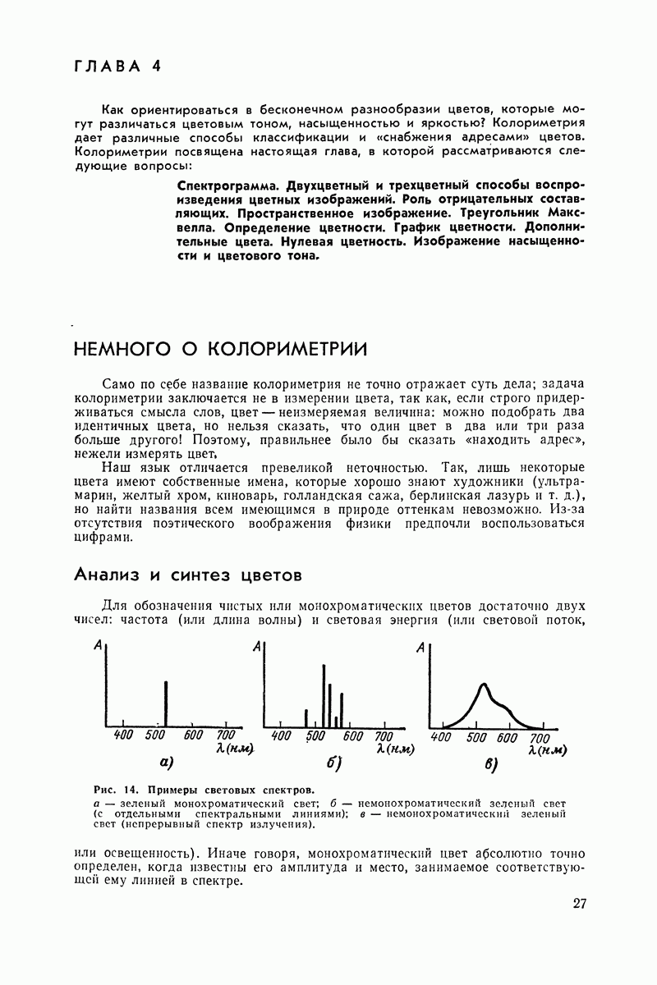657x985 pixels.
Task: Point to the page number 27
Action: point(580,905)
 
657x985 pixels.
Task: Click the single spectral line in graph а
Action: point(167,704)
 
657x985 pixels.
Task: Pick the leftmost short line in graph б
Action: point(306,718)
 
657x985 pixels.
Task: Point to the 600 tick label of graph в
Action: point(508,737)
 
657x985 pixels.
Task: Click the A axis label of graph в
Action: point(421,648)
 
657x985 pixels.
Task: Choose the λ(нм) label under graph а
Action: point(234,749)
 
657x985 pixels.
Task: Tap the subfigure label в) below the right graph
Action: point(492,766)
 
